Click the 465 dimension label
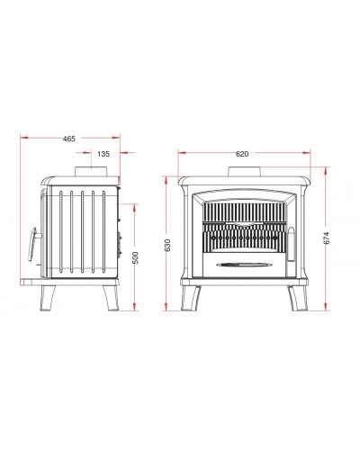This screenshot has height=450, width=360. (x=69, y=139)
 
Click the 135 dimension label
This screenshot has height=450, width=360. (x=103, y=154)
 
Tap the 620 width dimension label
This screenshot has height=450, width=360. (x=242, y=154)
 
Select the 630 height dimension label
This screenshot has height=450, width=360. (x=167, y=245)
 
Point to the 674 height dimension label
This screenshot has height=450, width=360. (x=327, y=238)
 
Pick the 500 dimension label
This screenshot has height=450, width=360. (x=136, y=257)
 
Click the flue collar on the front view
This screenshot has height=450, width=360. (x=245, y=172)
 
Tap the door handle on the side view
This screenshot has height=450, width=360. (x=33, y=244)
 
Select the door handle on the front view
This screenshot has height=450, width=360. (x=292, y=245)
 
